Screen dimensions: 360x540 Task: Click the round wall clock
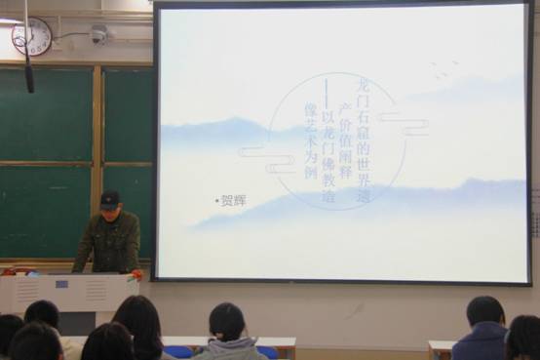(x=31, y=37)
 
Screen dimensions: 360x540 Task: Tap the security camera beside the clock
(x=97, y=35)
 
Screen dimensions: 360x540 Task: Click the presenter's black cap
(x=110, y=198)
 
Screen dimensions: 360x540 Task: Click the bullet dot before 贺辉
(x=216, y=200)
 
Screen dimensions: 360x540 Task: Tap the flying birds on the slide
(x=444, y=69)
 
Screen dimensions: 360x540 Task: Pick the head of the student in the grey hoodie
(x=226, y=322)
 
